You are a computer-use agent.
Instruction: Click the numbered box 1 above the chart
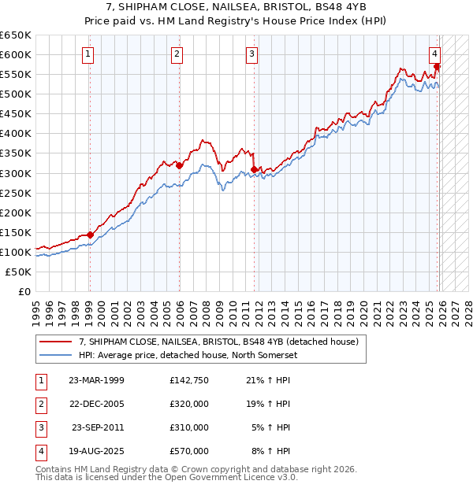click(87, 54)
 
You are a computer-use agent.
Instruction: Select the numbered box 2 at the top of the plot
click(177, 54)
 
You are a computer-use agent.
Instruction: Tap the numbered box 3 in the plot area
click(251, 54)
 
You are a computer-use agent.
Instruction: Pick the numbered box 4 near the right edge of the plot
click(434, 54)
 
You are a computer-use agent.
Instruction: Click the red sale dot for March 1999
click(90, 235)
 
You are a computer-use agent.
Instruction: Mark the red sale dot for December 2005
click(179, 165)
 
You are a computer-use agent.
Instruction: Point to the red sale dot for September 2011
click(254, 169)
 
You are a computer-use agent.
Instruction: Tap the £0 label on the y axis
click(24, 291)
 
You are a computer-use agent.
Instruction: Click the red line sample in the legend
click(57, 342)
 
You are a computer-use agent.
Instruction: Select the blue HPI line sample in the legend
click(57, 355)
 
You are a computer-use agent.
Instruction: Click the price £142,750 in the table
click(189, 380)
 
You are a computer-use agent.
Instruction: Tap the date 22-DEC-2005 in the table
click(97, 404)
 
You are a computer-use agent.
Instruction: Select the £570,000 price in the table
click(189, 451)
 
